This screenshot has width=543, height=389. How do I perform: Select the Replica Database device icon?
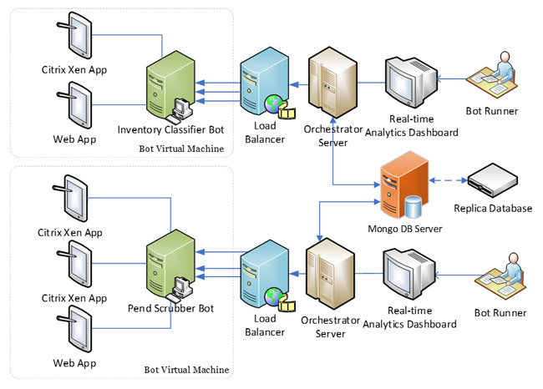[x=490, y=180]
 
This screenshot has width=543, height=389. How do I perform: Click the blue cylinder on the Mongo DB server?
[x=411, y=205]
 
